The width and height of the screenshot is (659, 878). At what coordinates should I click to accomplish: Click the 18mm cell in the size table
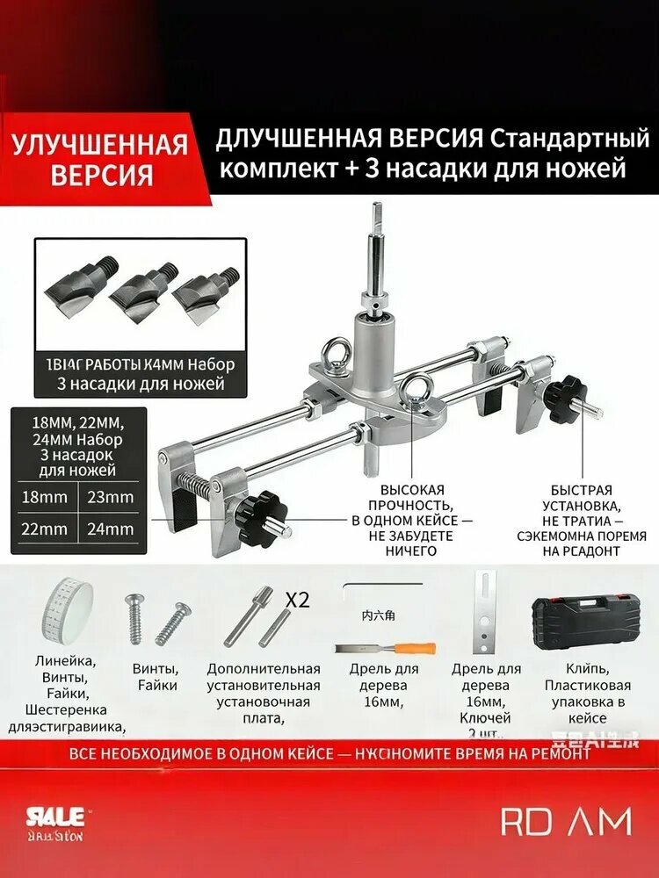[47, 497]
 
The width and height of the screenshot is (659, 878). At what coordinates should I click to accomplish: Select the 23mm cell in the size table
[110, 497]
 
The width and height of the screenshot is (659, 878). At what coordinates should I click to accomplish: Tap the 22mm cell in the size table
[47, 529]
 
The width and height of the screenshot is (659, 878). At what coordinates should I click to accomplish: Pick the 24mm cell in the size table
[110, 529]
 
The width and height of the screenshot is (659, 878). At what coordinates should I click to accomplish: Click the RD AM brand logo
[566, 822]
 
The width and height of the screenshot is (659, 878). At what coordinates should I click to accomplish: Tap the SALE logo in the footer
[54, 816]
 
